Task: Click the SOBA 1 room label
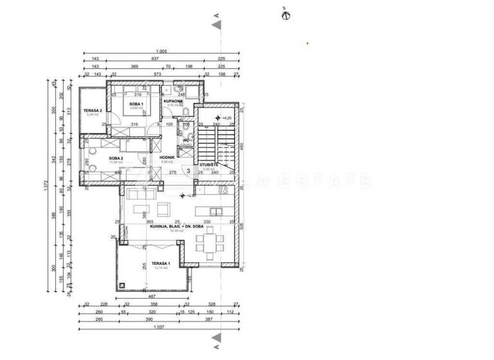coord(135,104)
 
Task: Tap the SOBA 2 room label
coord(116,157)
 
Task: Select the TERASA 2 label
coord(93,111)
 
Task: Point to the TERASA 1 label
coord(160,264)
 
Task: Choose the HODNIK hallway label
coord(168,157)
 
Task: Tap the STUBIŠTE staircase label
coord(207,165)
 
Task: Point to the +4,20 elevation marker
coord(226,118)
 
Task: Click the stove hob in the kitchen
coord(224,190)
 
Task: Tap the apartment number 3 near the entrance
coord(188,171)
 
